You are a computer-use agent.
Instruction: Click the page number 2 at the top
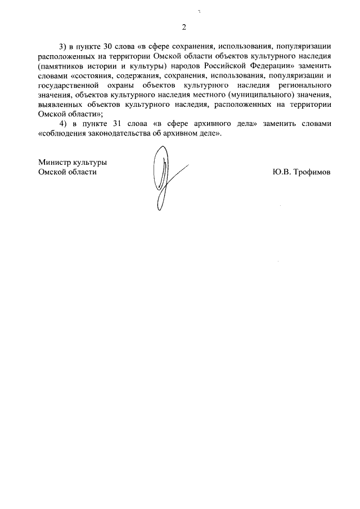click(x=183, y=26)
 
